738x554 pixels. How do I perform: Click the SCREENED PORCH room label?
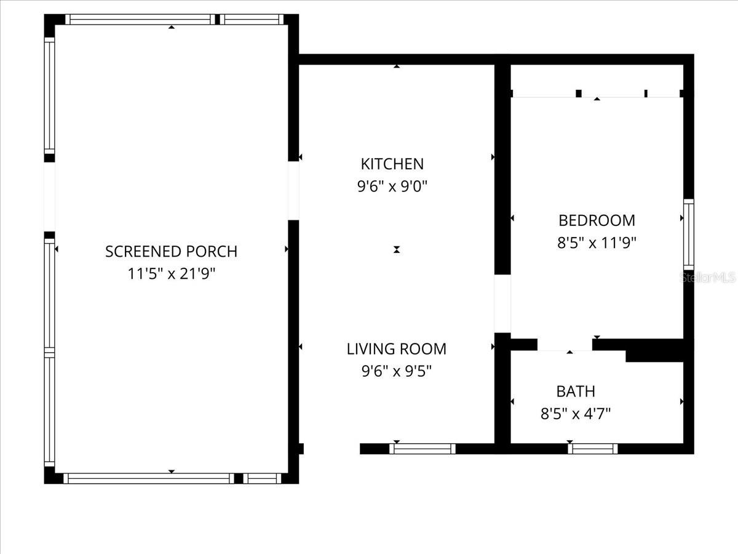171,251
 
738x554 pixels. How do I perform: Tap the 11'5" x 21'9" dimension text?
171,273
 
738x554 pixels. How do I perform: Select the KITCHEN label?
392,164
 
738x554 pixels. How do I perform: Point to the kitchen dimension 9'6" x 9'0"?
392,187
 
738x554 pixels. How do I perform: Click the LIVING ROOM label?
396,349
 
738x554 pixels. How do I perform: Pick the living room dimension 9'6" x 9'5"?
396,371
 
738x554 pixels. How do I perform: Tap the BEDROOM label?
596,220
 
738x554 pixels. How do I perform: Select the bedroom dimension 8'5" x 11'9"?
596,243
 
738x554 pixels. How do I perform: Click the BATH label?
575,391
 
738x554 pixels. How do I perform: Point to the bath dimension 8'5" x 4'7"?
575,414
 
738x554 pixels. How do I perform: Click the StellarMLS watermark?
707,278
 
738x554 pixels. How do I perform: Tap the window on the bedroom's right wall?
689,234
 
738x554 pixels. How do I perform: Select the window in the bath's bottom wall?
592,449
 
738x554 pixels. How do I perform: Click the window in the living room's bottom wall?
423,449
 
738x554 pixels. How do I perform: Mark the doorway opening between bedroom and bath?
565,345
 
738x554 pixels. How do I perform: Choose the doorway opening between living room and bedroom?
502,303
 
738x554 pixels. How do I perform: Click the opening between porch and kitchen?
293,191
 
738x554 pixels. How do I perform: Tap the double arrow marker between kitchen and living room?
397,249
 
